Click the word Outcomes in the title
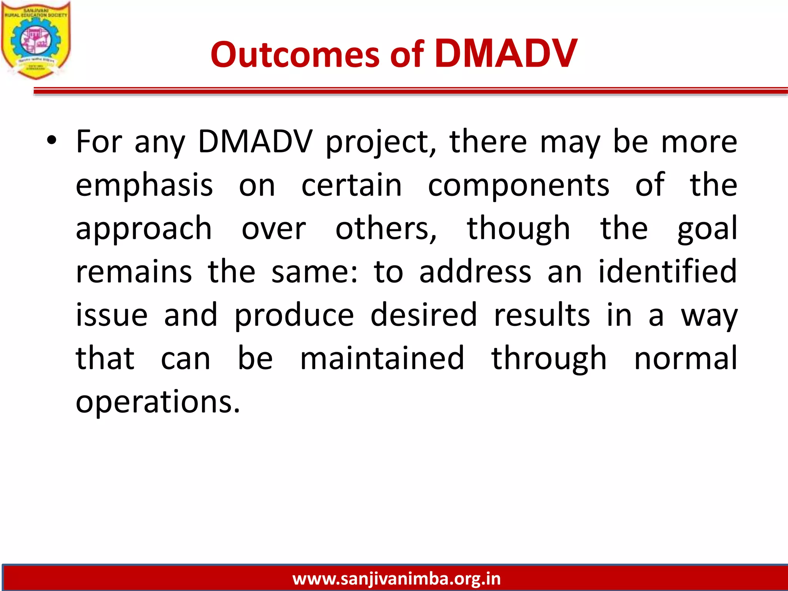295,55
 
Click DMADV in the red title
506,54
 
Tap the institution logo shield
36,40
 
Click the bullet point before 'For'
52,141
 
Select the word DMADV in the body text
255,142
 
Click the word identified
667,272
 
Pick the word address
475,272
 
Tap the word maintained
382,358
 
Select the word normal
685,358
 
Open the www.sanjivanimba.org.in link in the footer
396,579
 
